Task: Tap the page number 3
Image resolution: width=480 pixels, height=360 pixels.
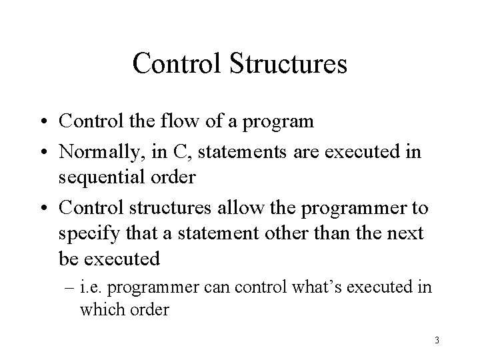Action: click(x=437, y=341)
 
